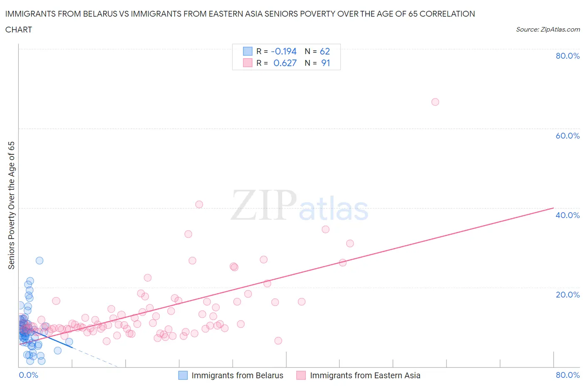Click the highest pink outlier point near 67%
click(435, 102)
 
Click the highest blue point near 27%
click(40, 260)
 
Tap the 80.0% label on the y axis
click(568, 56)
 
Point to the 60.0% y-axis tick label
click(568, 136)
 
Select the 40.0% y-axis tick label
click(568, 215)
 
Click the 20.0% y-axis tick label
click(568, 295)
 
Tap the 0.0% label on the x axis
click(29, 375)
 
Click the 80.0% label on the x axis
click(568, 375)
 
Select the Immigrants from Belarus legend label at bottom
click(237, 375)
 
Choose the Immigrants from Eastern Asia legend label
click(365, 375)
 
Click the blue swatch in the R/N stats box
click(248, 51)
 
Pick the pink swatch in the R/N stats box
click(248, 63)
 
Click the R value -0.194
click(284, 51)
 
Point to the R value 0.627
click(285, 63)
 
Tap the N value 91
click(325, 63)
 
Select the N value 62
click(325, 51)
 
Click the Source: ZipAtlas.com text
click(548, 30)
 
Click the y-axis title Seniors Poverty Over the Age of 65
click(12, 205)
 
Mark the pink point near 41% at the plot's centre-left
click(199, 204)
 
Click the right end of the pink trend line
click(553, 208)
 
